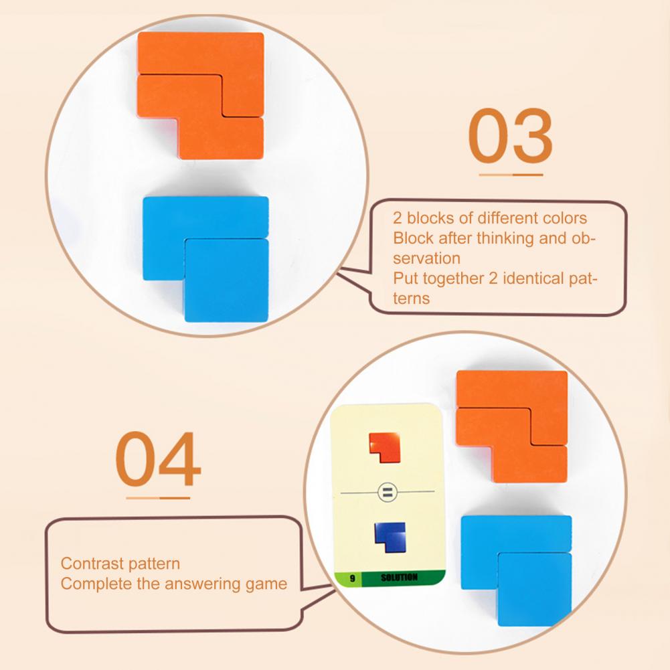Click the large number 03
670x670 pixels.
[x=510, y=135]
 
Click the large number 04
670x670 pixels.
[x=158, y=459]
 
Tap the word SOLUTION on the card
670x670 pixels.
[x=399, y=578]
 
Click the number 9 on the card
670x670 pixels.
[x=353, y=578]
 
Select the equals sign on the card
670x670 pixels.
[x=388, y=492]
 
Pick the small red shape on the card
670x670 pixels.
[x=385, y=447]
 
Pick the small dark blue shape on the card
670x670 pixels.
[x=390, y=537]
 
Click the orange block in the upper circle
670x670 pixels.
[x=201, y=95]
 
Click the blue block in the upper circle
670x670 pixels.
[x=206, y=258]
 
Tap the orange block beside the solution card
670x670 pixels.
[x=512, y=426]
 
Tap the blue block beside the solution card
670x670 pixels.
[x=517, y=570]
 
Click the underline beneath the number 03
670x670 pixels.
[x=511, y=175]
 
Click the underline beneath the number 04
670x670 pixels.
[x=158, y=498]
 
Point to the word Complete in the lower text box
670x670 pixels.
[x=96, y=584]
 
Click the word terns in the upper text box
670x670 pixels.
[x=411, y=299]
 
